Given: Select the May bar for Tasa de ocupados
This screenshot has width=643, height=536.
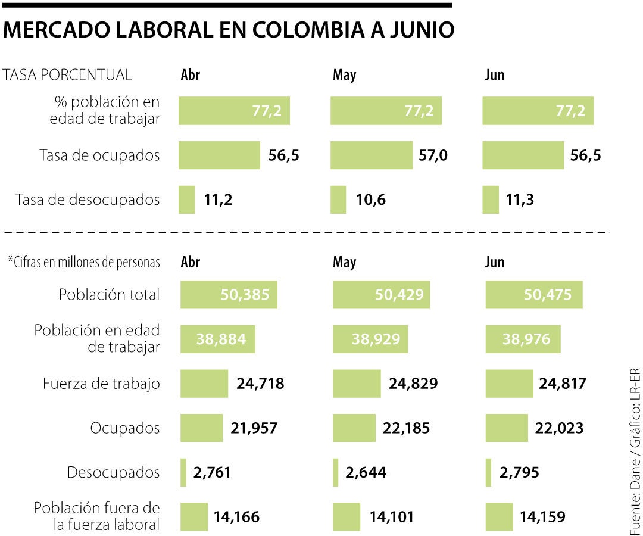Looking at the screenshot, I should pos(371,155).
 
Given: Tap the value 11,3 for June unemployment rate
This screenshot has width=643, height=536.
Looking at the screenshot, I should pos(520,200).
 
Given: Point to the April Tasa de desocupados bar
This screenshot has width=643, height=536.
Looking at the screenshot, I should pos(186,200).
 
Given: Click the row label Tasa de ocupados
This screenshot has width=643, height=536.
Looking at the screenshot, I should pos(99,155).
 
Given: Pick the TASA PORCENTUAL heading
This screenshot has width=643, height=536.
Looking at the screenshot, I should pos(67,75).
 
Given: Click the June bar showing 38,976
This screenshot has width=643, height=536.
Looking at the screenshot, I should pos(523,339).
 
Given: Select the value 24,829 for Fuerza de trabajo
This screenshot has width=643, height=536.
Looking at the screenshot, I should pos(413,384).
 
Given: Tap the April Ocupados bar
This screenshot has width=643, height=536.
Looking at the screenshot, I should pos(201,428).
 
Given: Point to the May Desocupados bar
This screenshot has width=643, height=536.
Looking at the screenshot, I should pos(336,472).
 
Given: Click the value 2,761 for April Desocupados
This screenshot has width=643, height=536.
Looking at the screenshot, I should pos(212,472).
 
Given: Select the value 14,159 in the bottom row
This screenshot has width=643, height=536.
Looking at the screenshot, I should pos(542,516).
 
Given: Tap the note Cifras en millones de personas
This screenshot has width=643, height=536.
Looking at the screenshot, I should pos(84,263).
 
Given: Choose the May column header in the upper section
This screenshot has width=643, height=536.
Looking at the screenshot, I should pos(344,75).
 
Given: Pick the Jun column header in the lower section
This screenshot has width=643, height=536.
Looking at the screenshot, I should pos(495,262).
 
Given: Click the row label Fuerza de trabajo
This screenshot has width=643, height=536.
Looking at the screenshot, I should pos(101,384).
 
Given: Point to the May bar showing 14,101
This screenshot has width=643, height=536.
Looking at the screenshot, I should pos(347,516).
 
